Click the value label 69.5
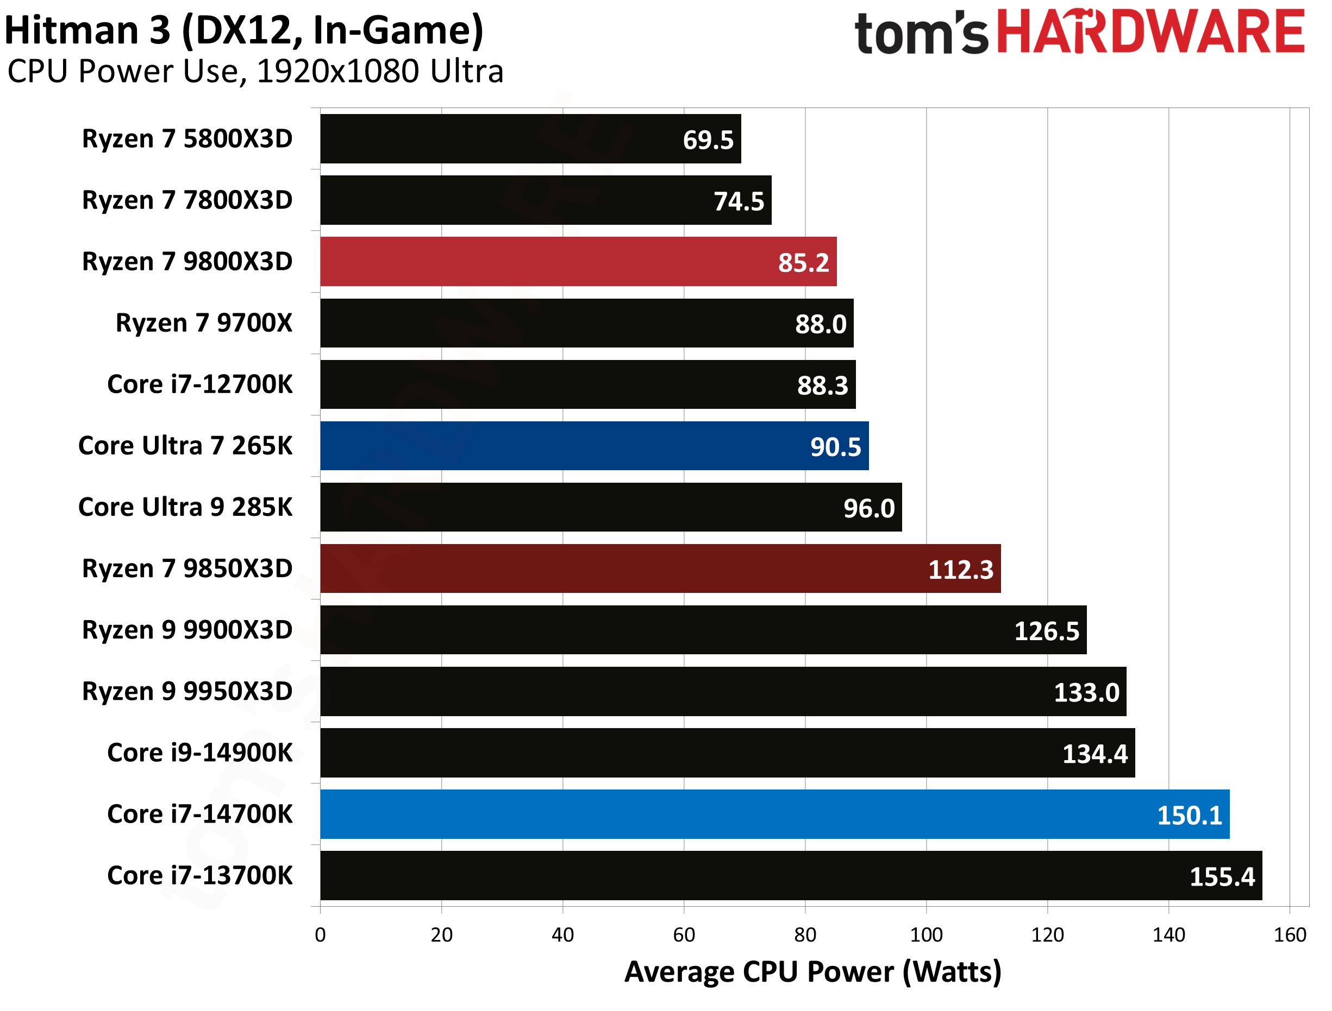708,140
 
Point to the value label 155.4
1222,877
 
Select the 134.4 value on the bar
1094,754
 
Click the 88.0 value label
820,324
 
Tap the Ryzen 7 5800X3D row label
187,139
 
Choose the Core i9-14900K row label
199,753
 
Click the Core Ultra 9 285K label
185,507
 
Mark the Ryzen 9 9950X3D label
187,691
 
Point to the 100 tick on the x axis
926,934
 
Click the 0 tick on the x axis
320,934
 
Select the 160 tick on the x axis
1290,934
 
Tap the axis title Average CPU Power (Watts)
813,972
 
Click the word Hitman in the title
71,30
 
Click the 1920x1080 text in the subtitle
337,72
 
